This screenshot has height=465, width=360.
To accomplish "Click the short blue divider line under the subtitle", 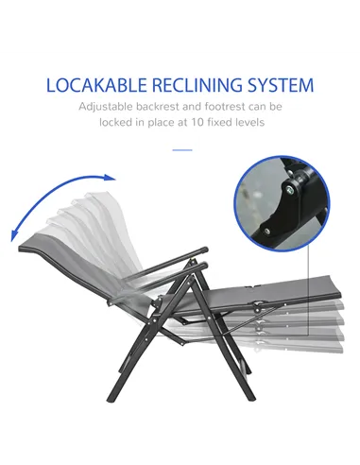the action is pos(181,148).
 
